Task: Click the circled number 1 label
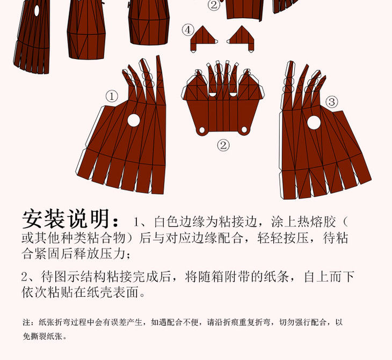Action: click(x=112, y=97)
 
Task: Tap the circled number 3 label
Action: click(x=332, y=102)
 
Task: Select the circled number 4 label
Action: click(x=188, y=30)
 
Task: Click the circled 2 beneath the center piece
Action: click(x=223, y=145)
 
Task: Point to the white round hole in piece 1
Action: click(x=134, y=120)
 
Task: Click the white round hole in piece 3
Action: click(x=314, y=123)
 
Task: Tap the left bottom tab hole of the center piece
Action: click(x=202, y=130)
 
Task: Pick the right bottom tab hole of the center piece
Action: click(x=244, y=129)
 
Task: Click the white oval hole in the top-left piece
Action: click(x=37, y=11)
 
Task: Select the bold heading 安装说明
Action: click(x=66, y=219)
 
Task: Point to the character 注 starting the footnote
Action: click(x=26, y=322)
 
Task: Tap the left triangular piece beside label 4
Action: click(x=204, y=39)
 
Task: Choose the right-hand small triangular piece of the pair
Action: click(x=241, y=39)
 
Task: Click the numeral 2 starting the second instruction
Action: click(x=25, y=277)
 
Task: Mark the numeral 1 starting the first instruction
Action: click(x=136, y=222)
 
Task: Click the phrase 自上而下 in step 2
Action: click(x=329, y=276)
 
